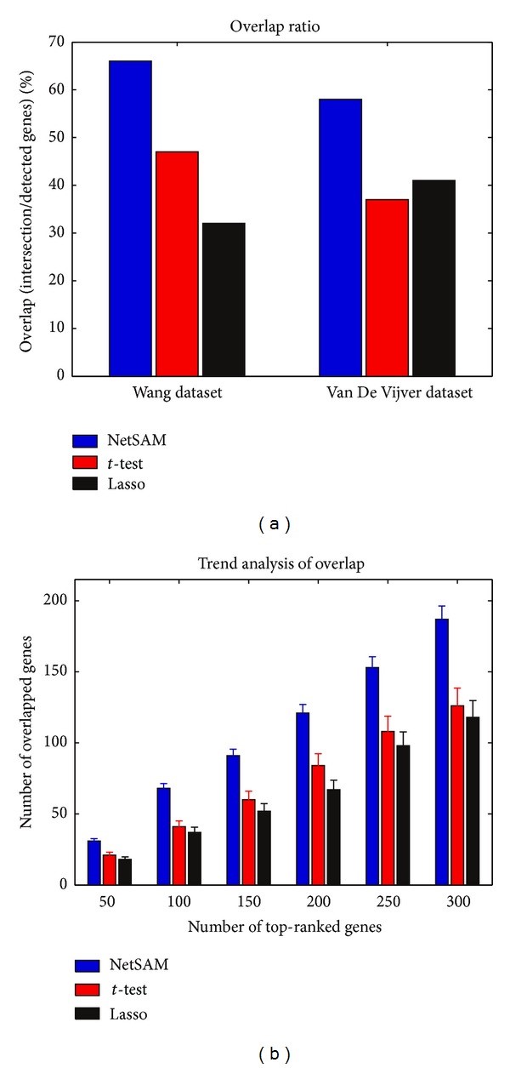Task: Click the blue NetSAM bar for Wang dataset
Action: tap(130, 218)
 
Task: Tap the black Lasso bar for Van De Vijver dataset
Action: tap(433, 277)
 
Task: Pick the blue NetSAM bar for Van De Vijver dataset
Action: tap(340, 237)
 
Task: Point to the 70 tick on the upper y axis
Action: tap(57, 42)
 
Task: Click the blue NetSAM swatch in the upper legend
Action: tap(87, 441)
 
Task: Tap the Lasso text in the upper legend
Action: tap(126, 484)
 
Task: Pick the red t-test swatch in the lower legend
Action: tap(87, 989)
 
